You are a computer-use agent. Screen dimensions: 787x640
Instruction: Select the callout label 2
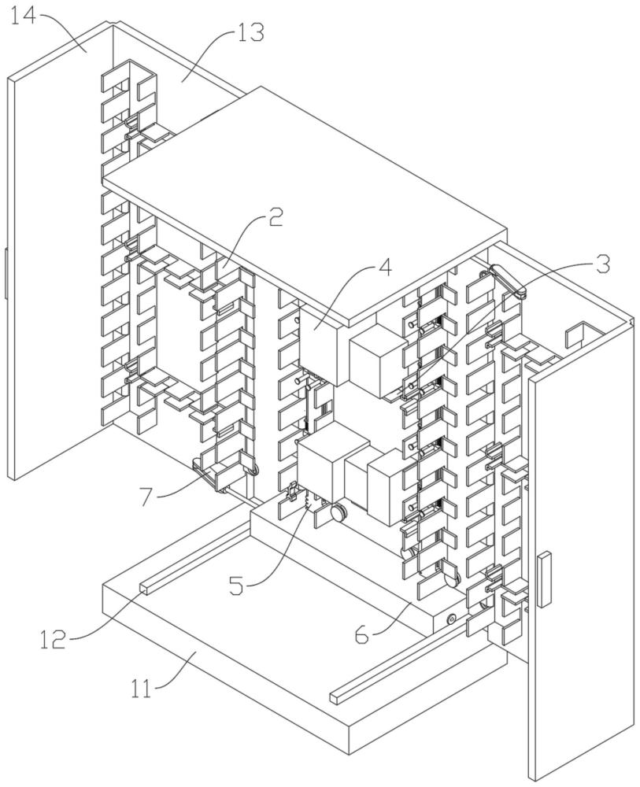274,218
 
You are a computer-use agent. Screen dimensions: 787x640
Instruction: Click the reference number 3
601,264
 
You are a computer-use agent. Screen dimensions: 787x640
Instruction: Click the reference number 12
54,639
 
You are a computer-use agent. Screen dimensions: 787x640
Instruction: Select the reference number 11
142,689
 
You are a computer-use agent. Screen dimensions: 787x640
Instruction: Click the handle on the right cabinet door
544,579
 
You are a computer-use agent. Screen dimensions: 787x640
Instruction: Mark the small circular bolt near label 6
452,620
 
